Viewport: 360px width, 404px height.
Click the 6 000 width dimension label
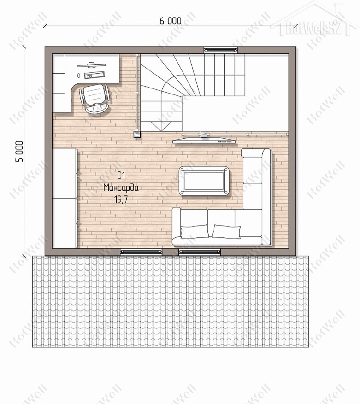pyautogui.click(x=170, y=21)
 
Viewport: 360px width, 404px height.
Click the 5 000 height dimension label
pyautogui.click(x=19, y=152)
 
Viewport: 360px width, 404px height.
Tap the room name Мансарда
pyautogui.click(x=121, y=187)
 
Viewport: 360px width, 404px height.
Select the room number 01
pyautogui.click(x=121, y=176)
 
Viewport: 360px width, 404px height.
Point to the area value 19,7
pyautogui.click(x=121, y=199)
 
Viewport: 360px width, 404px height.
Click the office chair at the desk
pyautogui.click(x=94, y=98)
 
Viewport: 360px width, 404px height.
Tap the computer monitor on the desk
pyautogui.click(x=91, y=64)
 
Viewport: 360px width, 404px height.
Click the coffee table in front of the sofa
pyautogui.click(x=204, y=181)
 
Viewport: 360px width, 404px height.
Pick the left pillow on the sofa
pyautogui.click(x=195, y=231)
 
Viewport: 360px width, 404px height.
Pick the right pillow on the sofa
pyautogui.click(x=226, y=231)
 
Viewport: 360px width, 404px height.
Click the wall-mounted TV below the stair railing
pyautogui.click(x=204, y=141)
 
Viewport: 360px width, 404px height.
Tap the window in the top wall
pyautogui.click(x=220, y=50)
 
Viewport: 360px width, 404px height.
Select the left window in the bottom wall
pyautogui.click(x=141, y=252)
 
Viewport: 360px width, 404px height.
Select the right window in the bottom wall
pyautogui.click(x=200, y=252)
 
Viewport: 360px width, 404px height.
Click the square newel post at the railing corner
pyautogui.click(x=137, y=134)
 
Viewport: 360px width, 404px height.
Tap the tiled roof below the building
pyautogui.click(x=171, y=301)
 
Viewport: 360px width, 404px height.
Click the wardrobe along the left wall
pyautogui.click(x=65, y=198)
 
